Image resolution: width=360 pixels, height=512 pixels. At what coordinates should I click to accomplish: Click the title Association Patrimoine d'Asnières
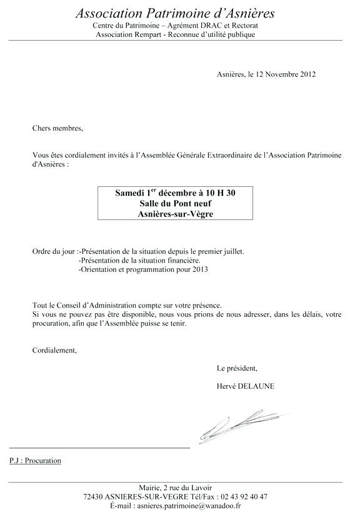[x=175, y=13]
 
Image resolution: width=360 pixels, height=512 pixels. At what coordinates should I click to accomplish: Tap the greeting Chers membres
[x=57, y=128]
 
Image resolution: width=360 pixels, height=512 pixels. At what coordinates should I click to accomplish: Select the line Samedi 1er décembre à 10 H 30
[x=175, y=193]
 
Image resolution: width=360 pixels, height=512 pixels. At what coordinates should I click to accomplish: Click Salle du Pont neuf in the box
[x=175, y=203]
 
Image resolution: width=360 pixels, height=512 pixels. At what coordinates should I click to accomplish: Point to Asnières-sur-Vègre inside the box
[x=175, y=214]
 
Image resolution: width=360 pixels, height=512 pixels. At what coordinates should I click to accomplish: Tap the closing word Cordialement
[x=54, y=350]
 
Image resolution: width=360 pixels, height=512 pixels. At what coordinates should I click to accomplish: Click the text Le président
[x=237, y=368]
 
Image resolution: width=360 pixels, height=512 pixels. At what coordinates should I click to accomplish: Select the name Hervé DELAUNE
[x=245, y=386]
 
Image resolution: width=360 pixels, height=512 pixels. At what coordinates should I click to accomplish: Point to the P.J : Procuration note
[x=36, y=461]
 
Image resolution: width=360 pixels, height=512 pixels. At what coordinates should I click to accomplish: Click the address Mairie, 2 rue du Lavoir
[x=175, y=488]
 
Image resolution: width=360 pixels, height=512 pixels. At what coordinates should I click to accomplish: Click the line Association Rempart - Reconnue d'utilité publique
[x=175, y=35]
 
